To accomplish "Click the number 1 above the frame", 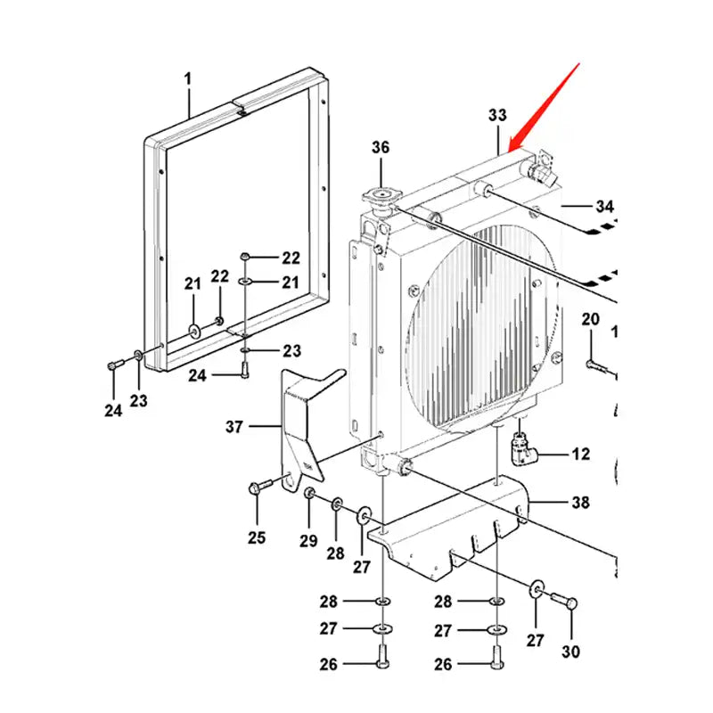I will [x=188, y=79].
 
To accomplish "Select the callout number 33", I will [x=497, y=115].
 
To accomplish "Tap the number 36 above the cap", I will [x=381, y=148].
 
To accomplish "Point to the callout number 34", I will [x=605, y=207].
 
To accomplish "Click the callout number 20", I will [x=591, y=319].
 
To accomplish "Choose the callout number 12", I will [x=580, y=455].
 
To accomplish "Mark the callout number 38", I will [x=580, y=503].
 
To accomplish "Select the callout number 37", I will [x=234, y=427].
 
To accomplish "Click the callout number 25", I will [x=257, y=537].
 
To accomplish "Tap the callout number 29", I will [x=308, y=541].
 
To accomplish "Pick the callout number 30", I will [x=570, y=652].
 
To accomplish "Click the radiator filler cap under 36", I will [x=381, y=197].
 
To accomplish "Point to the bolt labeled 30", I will [x=565, y=602].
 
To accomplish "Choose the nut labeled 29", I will [x=309, y=495].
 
